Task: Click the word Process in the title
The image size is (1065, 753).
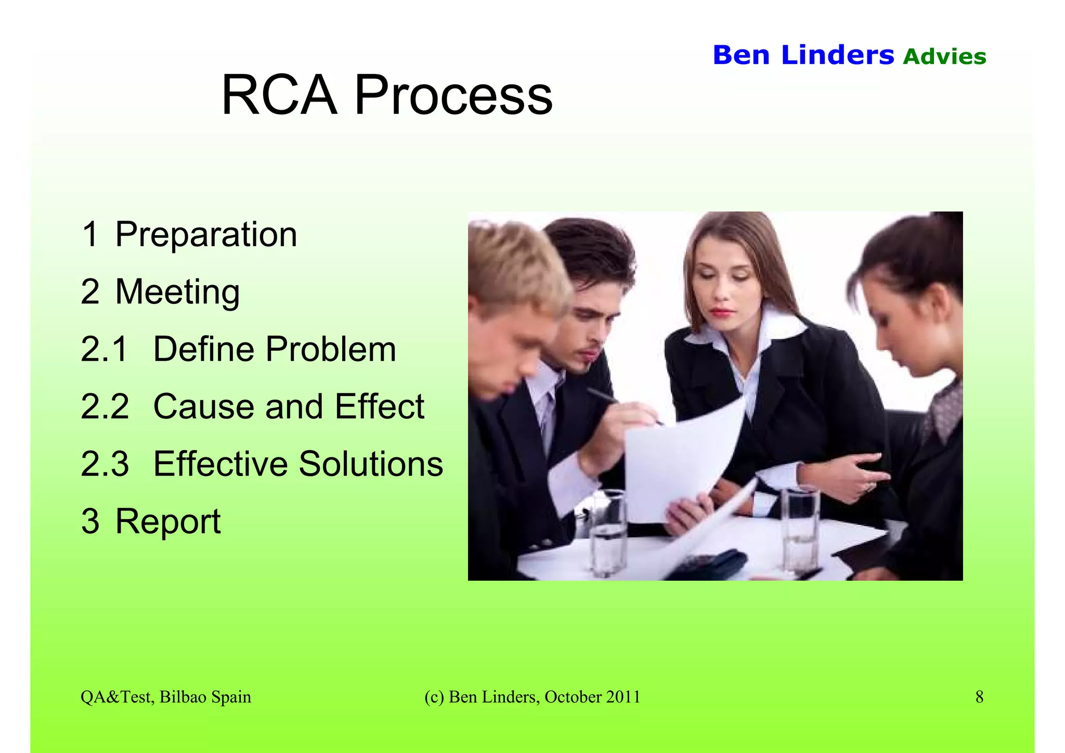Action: [x=453, y=96]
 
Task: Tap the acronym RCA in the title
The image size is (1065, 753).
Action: [x=279, y=96]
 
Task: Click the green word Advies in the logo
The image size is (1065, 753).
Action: [x=944, y=57]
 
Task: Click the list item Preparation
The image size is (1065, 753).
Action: [x=206, y=235]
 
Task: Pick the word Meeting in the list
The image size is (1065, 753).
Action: [x=177, y=292]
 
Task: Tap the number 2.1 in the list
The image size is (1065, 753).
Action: [x=104, y=349]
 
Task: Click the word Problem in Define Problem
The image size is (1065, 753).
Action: [x=331, y=349]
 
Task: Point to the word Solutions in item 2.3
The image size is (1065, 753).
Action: [x=371, y=464]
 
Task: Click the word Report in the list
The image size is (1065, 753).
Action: [x=168, y=521]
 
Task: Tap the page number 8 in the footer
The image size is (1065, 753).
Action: [x=979, y=697]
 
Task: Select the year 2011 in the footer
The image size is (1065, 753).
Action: [x=623, y=697]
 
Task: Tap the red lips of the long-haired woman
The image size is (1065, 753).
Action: [x=722, y=312]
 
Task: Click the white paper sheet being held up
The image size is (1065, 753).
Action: [x=676, y=463]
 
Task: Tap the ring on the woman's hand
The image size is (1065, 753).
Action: [x=869, y=487]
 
